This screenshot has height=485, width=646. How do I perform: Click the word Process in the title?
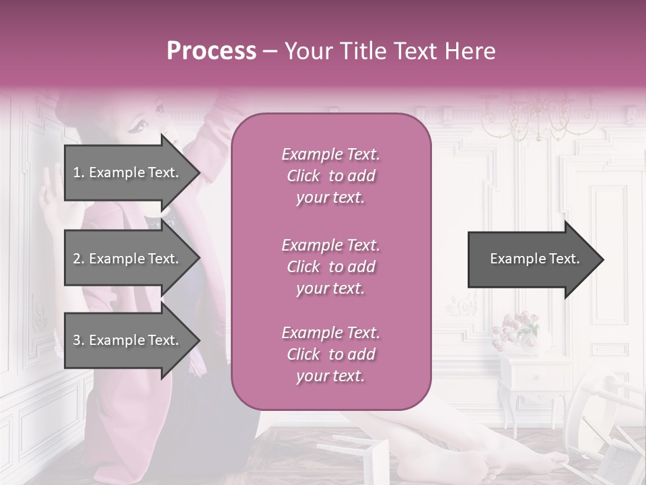coord(211,51)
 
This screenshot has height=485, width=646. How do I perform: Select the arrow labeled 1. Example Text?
coord(128,172)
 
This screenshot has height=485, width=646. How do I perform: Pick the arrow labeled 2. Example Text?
coord(128,259)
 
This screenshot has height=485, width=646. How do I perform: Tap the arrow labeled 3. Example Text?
coord(128,340)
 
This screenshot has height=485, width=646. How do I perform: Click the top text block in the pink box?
coord(330,176)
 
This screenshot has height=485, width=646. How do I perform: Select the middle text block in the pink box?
coord(330,267)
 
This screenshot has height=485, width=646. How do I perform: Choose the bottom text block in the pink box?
coord(330,354)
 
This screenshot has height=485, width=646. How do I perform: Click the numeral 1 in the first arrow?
coord(77,172)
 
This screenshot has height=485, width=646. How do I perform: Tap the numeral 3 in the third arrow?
coord(77,340)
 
